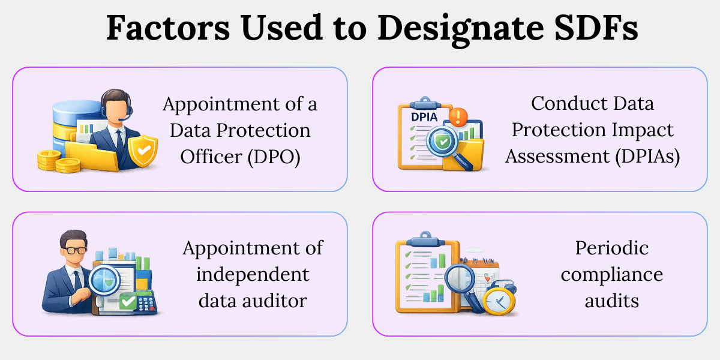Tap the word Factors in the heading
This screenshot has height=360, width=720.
pos(168,28)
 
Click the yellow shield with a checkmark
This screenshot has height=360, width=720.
pos(143,151)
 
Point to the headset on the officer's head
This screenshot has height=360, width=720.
pos(116,103)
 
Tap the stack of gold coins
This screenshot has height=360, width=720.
pos(59,161)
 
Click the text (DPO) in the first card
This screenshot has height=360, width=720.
pos(274,157)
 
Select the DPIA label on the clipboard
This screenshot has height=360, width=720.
pos(424,118)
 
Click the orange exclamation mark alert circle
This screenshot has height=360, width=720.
pos(458,116)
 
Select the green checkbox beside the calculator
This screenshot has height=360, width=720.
pos(128,302)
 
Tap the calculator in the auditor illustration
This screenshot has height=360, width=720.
pos(146,304)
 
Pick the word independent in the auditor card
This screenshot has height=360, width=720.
pos(253,275)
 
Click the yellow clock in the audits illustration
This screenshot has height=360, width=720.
pos(499,301)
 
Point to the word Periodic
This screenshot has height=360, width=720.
pos(611,248)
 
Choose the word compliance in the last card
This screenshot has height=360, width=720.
pos(611,275)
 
